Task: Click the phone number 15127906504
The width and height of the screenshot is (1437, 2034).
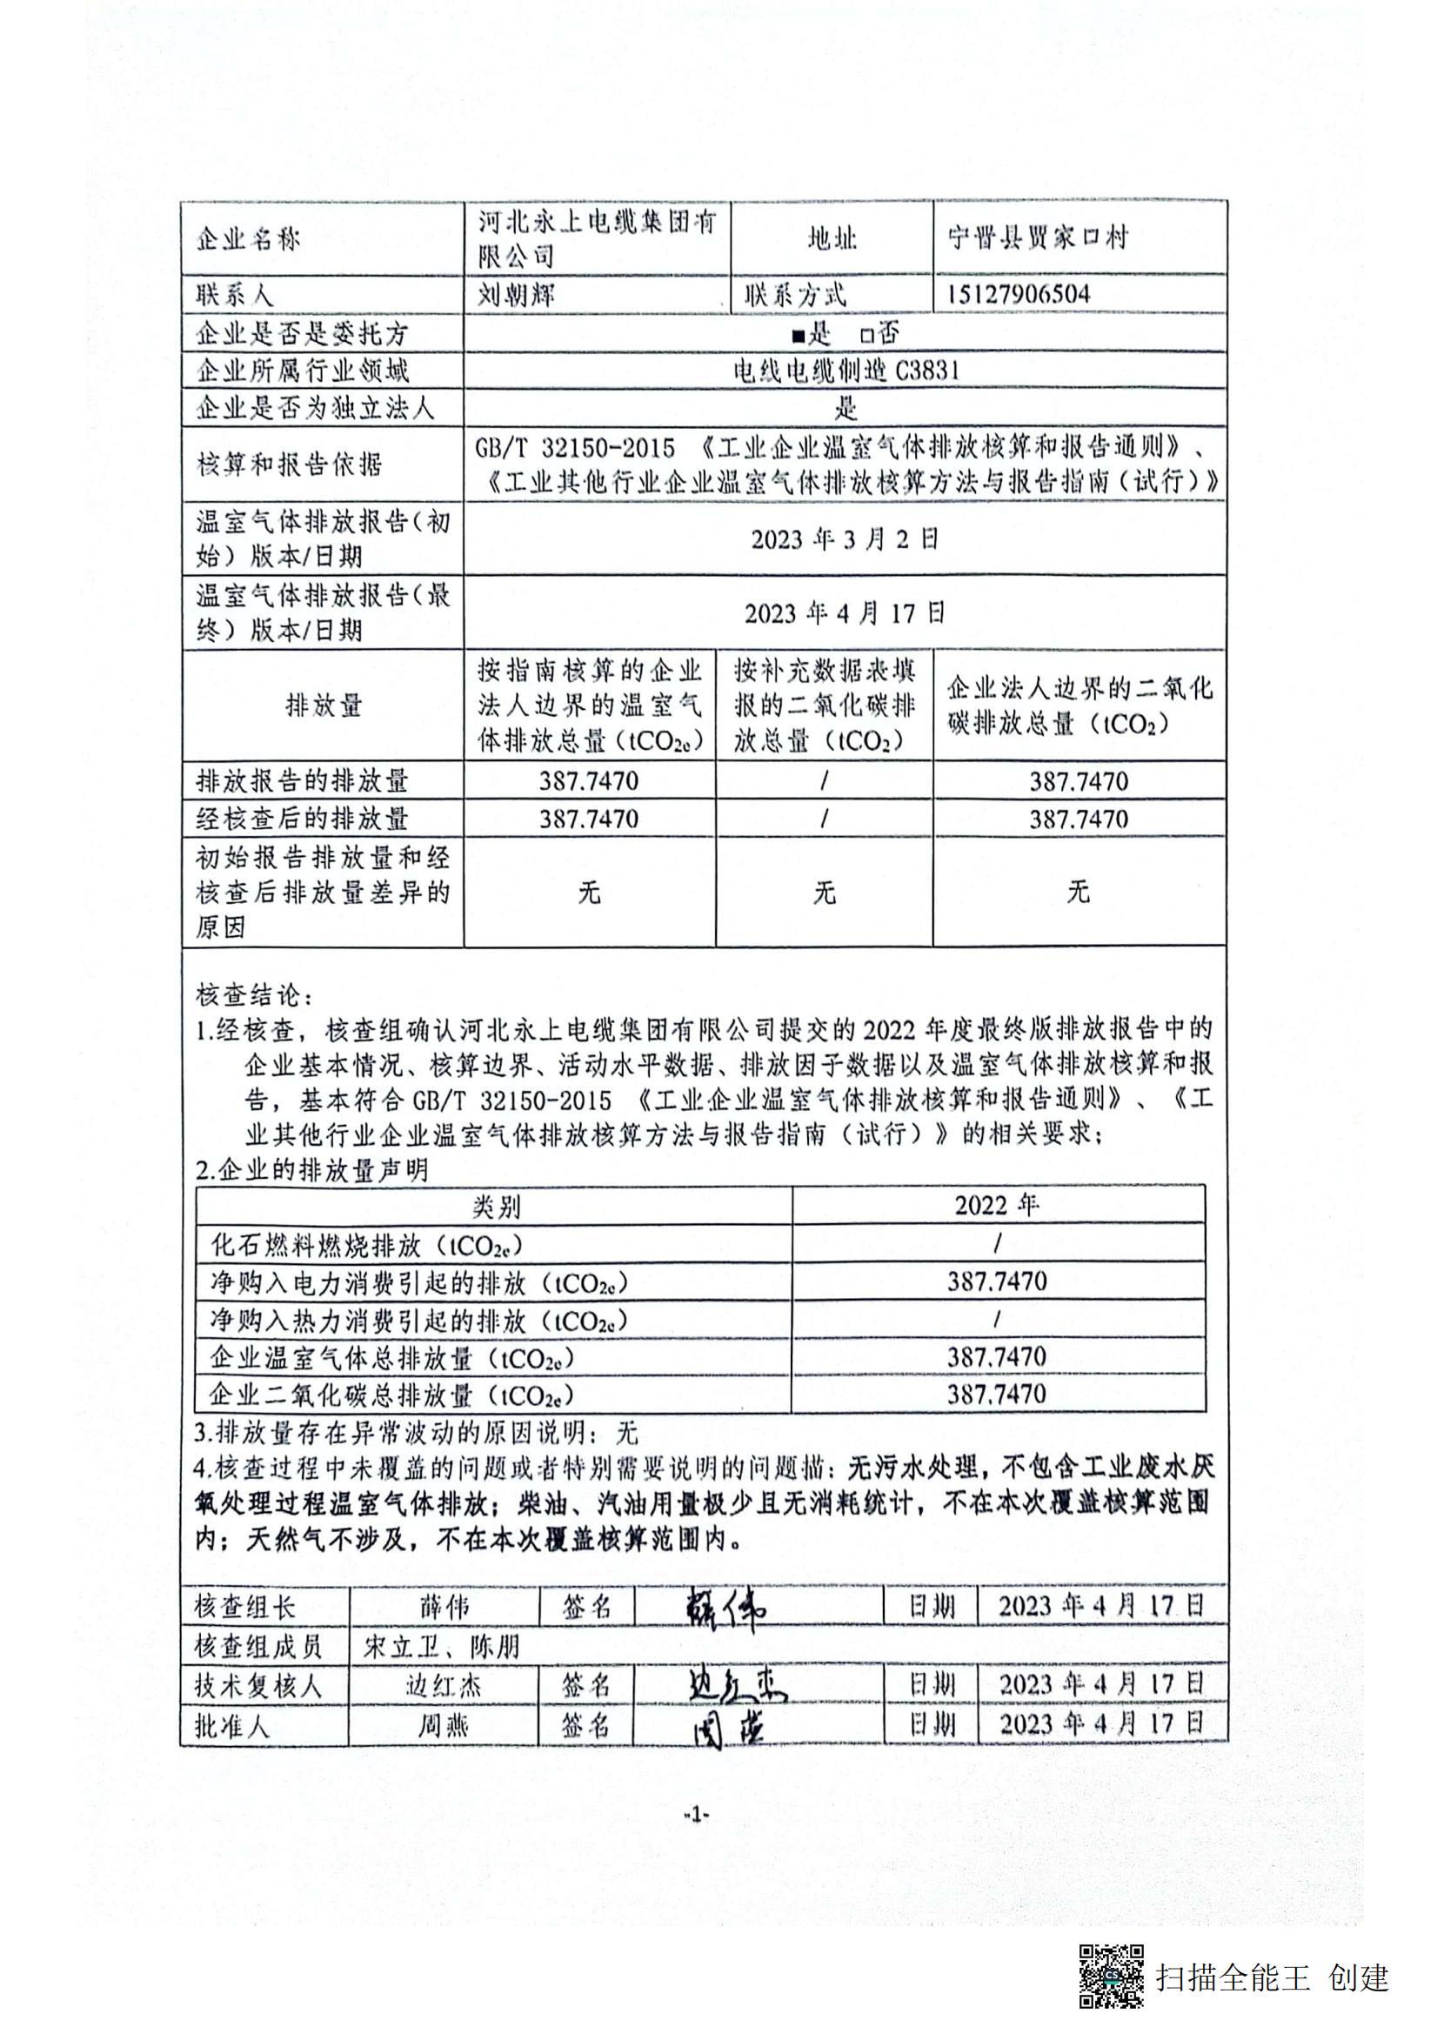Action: pos(1018,294)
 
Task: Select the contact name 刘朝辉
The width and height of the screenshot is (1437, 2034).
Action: pos(517,294)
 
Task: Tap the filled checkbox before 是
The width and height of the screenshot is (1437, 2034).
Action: pos(799,335)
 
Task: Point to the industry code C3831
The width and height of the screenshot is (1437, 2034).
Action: pos(926,371)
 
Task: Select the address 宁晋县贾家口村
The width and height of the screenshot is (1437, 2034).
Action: pos(1038,238)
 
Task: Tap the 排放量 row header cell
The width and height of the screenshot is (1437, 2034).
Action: pos(324,706)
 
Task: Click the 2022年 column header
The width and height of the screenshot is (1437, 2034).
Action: pos(997,1206)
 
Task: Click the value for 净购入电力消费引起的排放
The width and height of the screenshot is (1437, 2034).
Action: pos(997,1281)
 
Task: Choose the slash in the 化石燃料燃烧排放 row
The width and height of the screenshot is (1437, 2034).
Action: pos(998,1245)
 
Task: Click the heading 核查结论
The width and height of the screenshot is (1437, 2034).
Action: pos(253,995)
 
